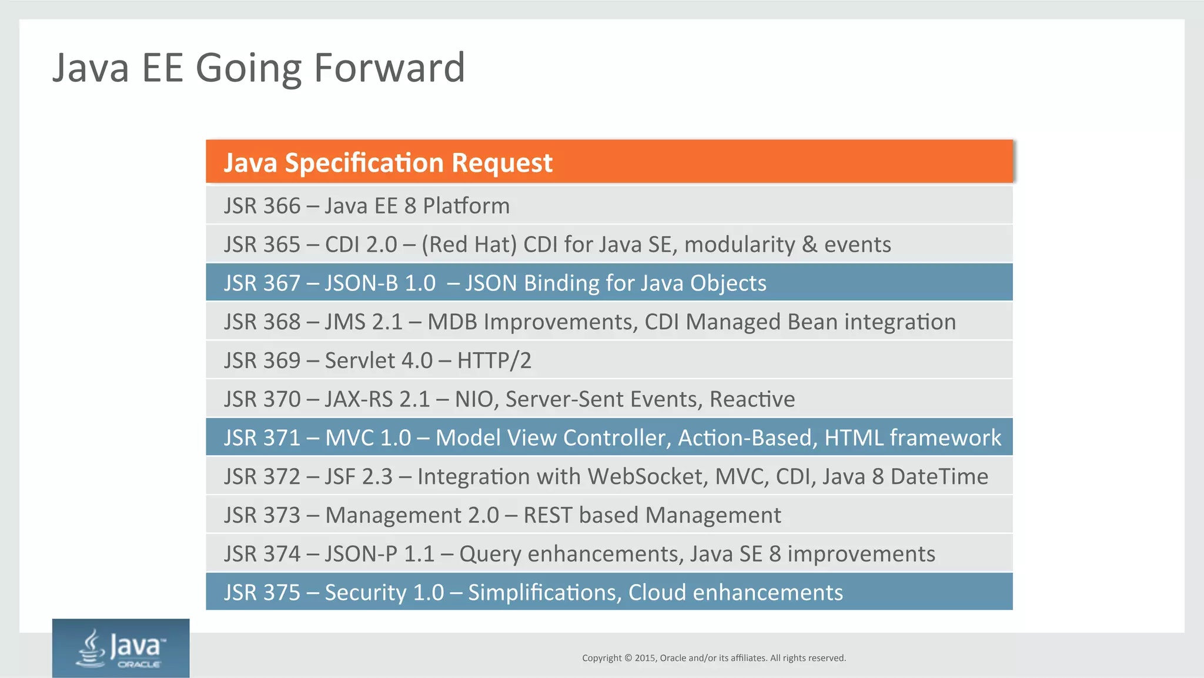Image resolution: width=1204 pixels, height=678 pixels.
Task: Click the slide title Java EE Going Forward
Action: (259, 68)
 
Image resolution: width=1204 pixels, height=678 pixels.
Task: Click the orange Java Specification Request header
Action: (388, 162)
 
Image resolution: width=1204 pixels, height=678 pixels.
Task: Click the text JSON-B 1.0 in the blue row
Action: (380, 283)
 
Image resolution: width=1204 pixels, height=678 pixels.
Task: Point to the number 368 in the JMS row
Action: (282, 322)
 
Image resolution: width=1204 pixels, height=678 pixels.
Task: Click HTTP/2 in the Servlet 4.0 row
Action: (494, 360)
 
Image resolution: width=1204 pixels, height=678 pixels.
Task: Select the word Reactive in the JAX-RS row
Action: (752, 399)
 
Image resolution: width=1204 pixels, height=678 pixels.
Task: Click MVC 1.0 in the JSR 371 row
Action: (368, 438)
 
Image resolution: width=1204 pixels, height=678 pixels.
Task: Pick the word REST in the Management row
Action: (547, 515)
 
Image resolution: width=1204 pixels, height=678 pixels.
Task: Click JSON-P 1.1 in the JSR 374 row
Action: (379, 554)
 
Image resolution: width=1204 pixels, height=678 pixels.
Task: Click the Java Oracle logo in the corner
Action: (121, 648)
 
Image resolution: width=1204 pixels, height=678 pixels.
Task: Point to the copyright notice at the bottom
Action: (714, 658)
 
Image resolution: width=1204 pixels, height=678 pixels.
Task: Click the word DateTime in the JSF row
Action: (939, 477)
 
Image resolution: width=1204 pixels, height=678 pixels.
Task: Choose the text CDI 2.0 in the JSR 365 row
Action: (361, 245)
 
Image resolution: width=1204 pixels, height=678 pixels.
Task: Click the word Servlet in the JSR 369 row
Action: (360, 360)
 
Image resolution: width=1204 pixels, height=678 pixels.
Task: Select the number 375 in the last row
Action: (282, 593)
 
